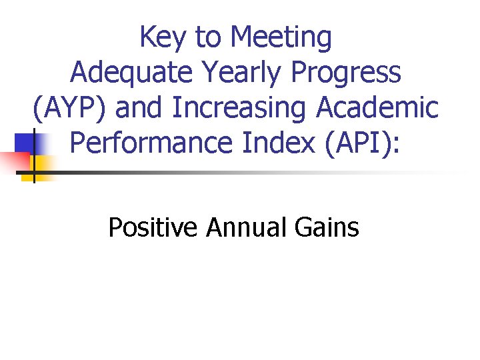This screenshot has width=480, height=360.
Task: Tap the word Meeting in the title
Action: (x=280, y=39)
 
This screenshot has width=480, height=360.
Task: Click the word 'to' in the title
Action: (x=207, y=39)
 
